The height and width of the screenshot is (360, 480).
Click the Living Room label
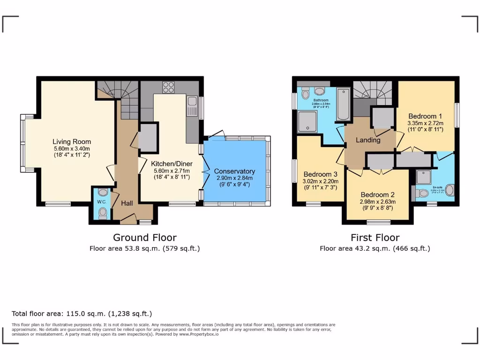point(72,142)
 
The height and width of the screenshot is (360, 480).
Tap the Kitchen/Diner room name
point(170,164)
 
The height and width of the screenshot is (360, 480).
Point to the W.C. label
point(102,202)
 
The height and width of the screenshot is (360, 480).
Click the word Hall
point(127,203)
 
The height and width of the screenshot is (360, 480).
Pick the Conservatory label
point(234,171)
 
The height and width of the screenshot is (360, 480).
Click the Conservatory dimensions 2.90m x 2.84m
point(234,178)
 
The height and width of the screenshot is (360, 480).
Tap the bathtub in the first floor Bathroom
point(344,104)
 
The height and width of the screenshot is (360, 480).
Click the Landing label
point(368,140)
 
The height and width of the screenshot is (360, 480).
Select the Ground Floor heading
point(144,238)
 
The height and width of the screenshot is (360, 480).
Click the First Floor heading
point(375,238)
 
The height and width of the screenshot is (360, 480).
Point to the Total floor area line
point(82,314)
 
